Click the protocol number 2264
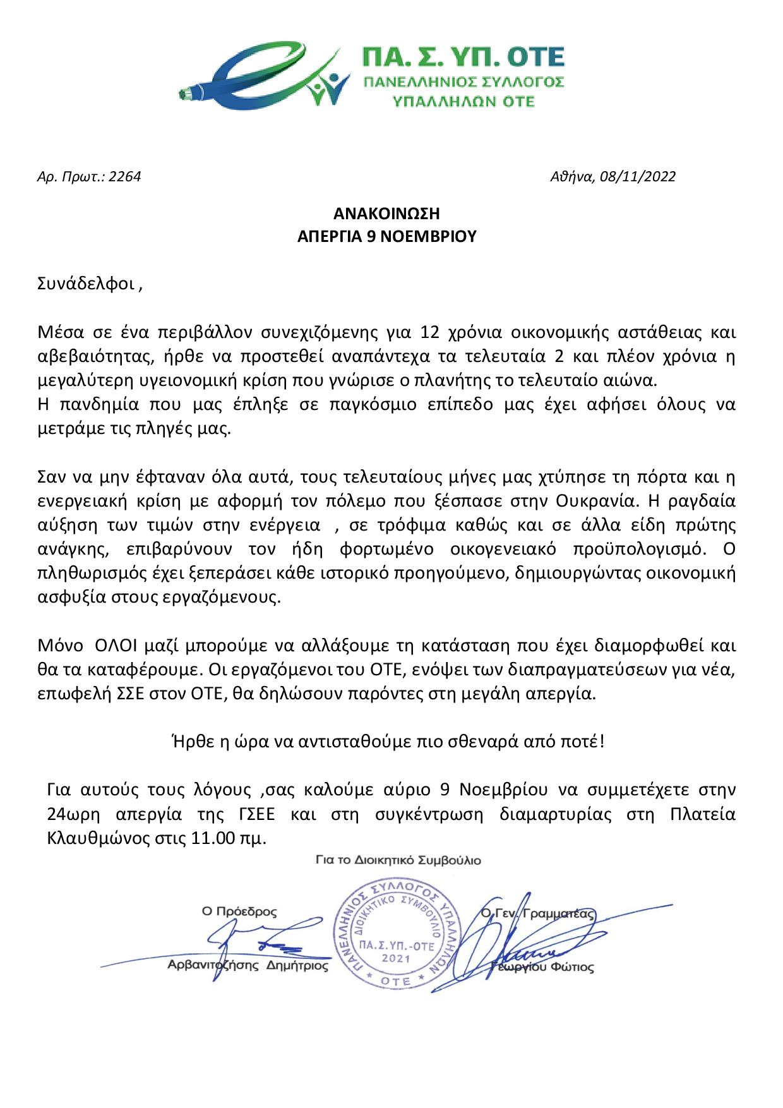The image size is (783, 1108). tap(125, 176)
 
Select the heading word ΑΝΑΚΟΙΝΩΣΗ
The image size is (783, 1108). tap(386, 213)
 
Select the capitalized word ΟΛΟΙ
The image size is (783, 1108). tap(115, 647)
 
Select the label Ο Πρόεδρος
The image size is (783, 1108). tap(239, 912)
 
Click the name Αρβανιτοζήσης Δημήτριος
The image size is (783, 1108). tap(248, 966)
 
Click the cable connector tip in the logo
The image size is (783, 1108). tap(186, 95)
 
